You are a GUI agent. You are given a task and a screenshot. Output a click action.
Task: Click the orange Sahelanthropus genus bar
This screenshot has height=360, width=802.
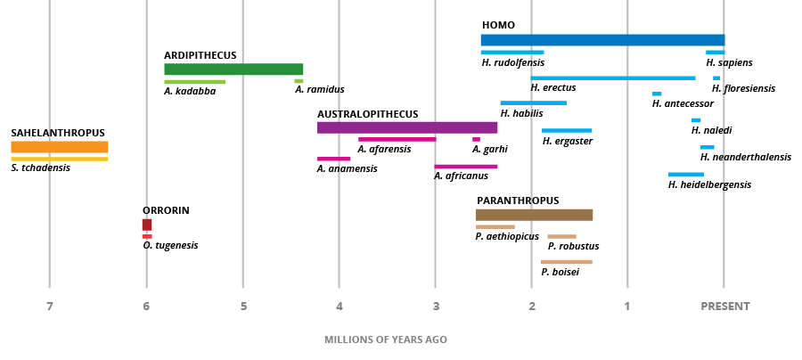[x=59, y=147]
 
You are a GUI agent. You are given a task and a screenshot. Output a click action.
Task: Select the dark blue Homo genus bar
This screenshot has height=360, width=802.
[x=602, y=40]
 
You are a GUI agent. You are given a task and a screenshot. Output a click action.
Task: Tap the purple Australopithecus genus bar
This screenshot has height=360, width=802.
[x=406, y=127]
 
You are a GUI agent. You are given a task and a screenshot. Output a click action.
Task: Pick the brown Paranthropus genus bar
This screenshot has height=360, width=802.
[x=534, y=215]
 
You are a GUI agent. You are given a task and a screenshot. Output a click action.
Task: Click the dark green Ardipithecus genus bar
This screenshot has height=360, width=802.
[x=233, y=70]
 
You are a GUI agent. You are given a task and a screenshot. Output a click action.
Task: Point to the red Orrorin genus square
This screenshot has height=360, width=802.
[x=147, y=225]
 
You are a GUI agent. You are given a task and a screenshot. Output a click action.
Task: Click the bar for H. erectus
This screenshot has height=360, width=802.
[x=612, y=78]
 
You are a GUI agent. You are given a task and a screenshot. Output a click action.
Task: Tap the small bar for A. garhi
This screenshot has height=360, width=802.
[x=476, y=139]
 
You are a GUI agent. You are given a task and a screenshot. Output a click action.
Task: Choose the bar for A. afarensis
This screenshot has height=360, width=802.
[x=397, y=139]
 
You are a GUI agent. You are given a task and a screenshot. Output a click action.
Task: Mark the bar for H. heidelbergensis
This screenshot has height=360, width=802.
[x=685, y=175]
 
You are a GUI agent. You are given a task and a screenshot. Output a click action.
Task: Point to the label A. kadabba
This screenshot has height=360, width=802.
[x=190, y=91]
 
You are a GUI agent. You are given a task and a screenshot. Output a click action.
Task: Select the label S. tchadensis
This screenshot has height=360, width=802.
[x=40, y=168]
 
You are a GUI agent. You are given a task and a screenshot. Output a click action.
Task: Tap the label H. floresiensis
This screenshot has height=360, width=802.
[x=743, y=88]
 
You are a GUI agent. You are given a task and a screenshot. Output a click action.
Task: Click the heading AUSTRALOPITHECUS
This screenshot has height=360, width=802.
[x=367, y=114]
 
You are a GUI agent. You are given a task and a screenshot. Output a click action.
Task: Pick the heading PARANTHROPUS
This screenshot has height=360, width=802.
[x=518, y=200]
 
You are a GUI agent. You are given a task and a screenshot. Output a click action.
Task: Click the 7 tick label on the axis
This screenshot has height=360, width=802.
[x=50, y=307]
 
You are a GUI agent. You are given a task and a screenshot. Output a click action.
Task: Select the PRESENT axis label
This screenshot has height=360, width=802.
[x=724, y=307]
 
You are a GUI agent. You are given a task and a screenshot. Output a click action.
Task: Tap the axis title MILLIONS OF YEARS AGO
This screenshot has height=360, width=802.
[x=386, y=340]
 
